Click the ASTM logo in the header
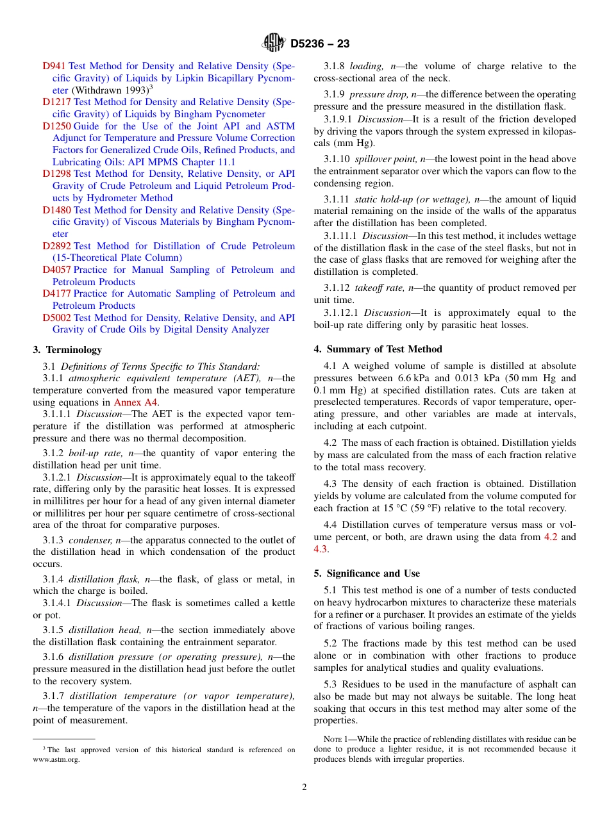[274, 44]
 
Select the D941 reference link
[54, 66]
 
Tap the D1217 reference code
[56, 102]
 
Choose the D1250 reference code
[56, 126]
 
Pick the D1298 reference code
[56, 174]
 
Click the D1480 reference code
[56, 210]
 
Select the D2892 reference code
[56, 246]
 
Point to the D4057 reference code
[56, 270]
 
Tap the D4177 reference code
[56, 293]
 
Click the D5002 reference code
[56, 318]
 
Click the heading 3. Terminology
[67, 350]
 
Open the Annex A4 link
[132, 402]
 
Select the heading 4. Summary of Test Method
[378, 349]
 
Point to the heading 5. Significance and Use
[367, 573]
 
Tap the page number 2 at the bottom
[304, 787]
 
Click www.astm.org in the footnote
[56, 760]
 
